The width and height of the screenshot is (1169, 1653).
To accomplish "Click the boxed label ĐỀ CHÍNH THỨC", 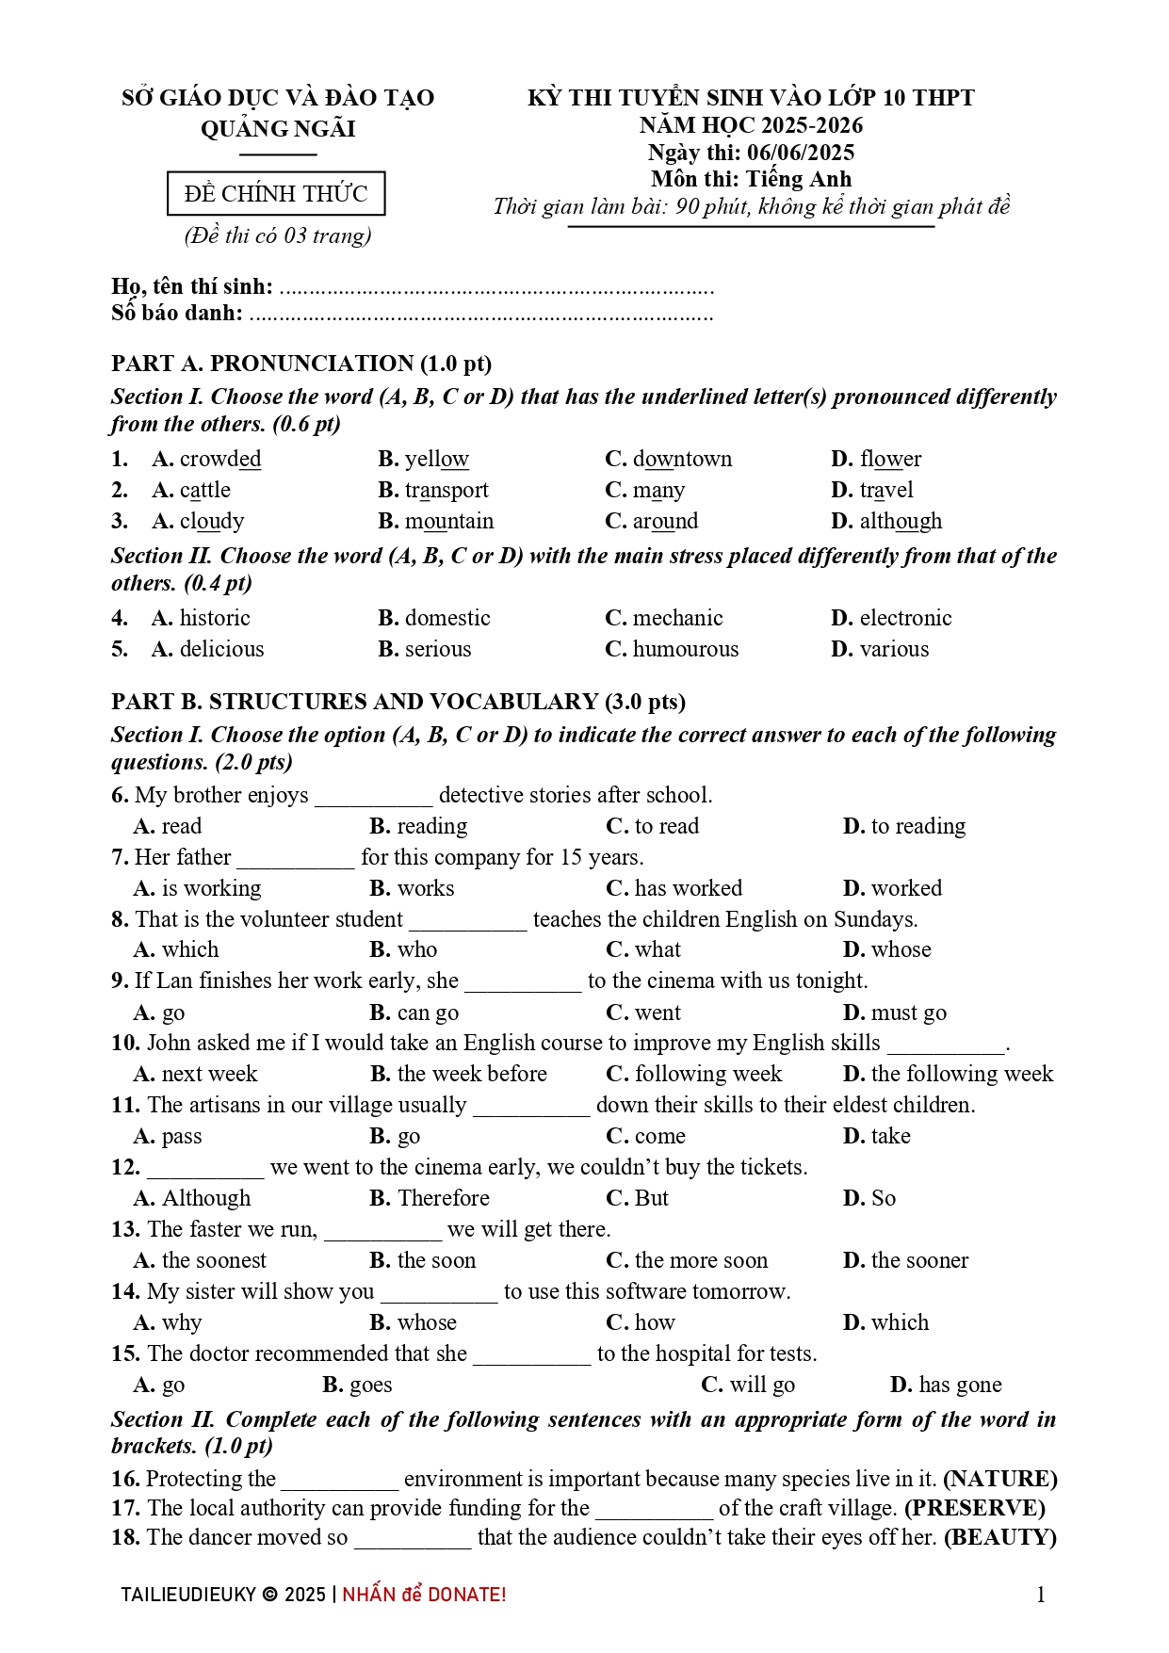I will coord(276,194).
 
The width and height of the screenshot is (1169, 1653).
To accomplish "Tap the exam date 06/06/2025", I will coord(801,153).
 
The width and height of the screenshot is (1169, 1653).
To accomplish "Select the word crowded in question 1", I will coord(220,460).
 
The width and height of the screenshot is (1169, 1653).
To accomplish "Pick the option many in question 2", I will coord(658,491).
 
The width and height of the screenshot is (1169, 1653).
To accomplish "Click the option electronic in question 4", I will coord(905,619).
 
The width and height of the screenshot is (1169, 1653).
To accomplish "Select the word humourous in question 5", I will coord(686,650).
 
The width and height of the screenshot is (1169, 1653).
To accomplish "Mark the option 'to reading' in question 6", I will coord(917,827).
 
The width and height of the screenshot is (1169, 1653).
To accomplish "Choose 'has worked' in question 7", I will coord(688,889).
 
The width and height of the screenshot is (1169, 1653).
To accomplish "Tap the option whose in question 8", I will coord(901,950).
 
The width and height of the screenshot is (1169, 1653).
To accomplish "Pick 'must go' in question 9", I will coord(908,1013).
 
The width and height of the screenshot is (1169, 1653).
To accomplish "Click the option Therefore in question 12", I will coord(444,1199).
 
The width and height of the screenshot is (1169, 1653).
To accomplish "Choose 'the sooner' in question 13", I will coord(919,1261).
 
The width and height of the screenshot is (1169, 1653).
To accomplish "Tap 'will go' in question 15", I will coord(761,1386).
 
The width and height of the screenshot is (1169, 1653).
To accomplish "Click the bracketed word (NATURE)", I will coord(1000,1480).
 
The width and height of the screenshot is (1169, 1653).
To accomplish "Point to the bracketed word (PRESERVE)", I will coord(975,1509).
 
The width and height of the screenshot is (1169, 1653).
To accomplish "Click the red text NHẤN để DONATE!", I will coord(424,1595).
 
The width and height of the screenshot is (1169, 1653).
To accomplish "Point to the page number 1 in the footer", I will coord(1041,1595).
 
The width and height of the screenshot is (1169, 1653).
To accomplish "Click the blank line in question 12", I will coord(205,1170).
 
